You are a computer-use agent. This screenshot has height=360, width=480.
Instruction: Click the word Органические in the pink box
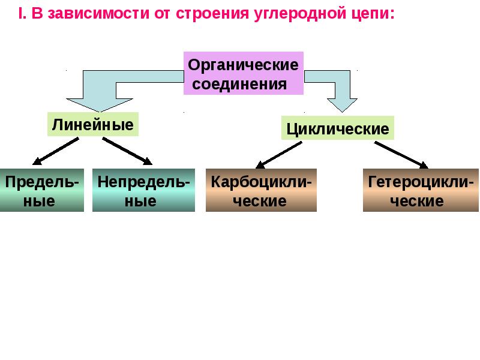click(x=243, y=65)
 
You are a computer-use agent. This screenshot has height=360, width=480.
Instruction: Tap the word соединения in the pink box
click(x=239, y=84)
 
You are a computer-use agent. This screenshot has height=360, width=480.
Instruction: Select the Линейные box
click(x=93, y=124)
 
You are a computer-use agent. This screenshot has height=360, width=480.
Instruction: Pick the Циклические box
click(x=338, y=128)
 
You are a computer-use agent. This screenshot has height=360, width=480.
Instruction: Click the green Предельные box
click(x=42, y=190)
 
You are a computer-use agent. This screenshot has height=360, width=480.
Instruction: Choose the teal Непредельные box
click(x=143, y=190)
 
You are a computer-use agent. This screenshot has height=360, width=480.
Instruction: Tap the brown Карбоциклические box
click(x=261, y=190)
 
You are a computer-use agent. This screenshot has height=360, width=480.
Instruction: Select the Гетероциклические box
click(x=421, y=190)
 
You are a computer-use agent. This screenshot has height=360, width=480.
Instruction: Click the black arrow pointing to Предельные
click(x=55, y=151)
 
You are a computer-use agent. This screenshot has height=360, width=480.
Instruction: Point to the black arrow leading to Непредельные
click(x=127, y=151)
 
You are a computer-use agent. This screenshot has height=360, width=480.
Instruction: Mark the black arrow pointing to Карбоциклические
click(x=278, y=155)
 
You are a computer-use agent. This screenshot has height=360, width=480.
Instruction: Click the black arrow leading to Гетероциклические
click(x=401, y=155)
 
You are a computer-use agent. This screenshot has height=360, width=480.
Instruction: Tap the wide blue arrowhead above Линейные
click(x=100, y=104)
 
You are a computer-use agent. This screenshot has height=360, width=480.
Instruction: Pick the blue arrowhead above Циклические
click(x=342, y=105)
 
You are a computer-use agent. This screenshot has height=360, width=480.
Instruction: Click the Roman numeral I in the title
click(x=20, y=13)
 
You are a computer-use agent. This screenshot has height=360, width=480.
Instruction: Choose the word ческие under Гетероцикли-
click(x=416, y=201)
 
